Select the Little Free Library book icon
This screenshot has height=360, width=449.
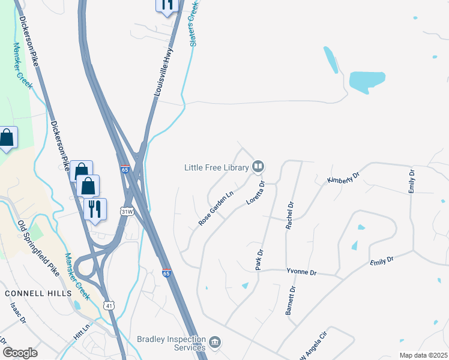tap(258, 166)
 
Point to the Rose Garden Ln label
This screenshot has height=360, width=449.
tap(215, 209)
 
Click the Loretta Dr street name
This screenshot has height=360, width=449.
tap(255, 193)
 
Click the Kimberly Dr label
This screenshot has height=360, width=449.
tap(343, 178)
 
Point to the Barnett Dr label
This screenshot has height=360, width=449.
tap(291, 301)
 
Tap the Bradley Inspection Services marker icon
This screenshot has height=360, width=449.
tap(215, 343)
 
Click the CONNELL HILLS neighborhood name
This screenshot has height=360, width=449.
tap(38, 293)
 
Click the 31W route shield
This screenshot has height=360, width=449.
tap(126, 212)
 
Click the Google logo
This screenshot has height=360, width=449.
tap(20, 353)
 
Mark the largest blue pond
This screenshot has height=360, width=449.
tap(367, 82)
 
